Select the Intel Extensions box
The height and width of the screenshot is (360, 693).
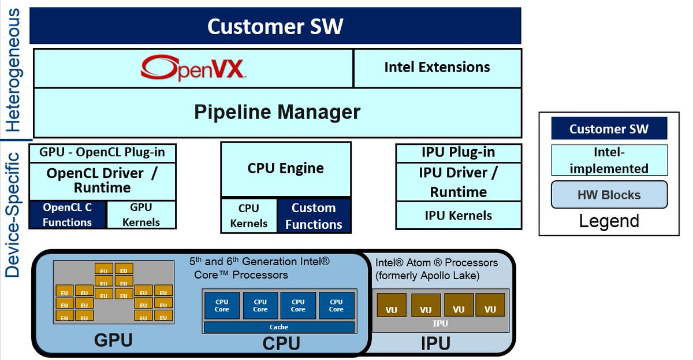437,68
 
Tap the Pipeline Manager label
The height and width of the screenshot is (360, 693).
277,112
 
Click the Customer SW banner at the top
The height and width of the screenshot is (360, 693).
275,26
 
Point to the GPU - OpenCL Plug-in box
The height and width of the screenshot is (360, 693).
102,153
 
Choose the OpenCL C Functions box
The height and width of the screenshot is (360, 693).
67,214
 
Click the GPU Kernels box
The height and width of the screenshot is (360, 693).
141,214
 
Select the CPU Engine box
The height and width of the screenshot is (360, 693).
285,169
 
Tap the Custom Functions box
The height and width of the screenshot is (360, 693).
314,216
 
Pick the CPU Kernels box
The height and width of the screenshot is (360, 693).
249,216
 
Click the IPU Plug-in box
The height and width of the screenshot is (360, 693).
458,153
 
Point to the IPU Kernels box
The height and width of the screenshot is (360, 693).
458,216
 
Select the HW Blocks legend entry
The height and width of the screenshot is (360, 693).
609,195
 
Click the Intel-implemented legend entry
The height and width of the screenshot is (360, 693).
609,161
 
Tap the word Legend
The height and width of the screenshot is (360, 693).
609,221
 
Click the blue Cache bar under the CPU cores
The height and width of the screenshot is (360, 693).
279,327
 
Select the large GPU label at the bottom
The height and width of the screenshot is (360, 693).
113,340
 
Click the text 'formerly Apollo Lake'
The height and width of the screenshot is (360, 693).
427,276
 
